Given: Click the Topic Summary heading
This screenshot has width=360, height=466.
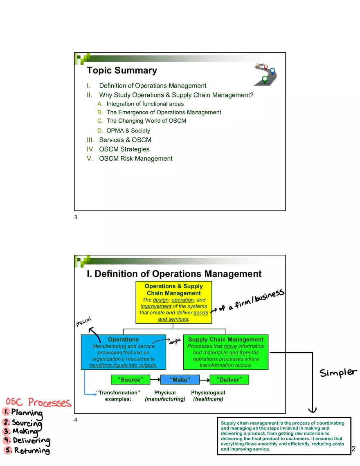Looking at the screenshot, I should point(122,70).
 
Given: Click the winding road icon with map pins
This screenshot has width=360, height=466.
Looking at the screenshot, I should point(265,74).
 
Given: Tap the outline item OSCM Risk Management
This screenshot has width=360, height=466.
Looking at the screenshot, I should point(135,159).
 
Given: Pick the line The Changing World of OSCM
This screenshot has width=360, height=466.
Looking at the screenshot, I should point(146,121).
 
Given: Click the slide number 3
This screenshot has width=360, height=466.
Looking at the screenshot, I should point(76,218).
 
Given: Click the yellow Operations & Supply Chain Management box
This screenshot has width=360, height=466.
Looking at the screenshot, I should point(174,302).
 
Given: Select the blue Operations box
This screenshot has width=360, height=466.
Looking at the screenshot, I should point(123,352).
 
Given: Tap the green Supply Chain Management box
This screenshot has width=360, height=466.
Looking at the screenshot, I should point(225,352).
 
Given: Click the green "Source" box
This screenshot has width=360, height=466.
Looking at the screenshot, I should point(130,380).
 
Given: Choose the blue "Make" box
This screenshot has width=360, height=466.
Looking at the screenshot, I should point(180,380).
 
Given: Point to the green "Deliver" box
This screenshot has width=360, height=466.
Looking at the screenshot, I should point(229,380).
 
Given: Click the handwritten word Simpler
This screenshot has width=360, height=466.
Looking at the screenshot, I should point(338,373).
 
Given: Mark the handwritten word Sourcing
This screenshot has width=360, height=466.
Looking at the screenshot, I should point(27,423).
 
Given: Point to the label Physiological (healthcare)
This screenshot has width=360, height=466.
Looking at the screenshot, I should point(208,396).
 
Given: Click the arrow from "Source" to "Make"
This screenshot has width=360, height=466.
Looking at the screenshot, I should point(155,380).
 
